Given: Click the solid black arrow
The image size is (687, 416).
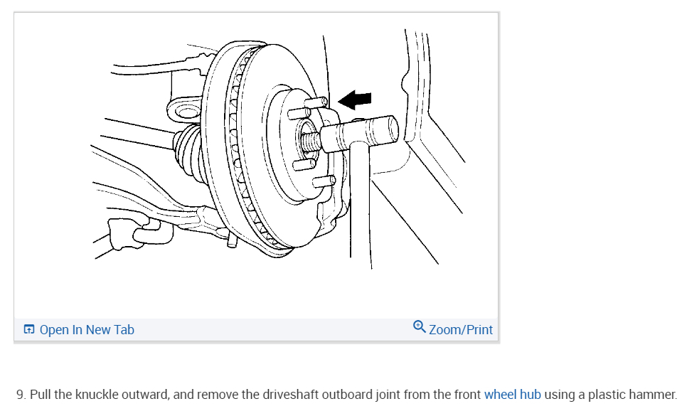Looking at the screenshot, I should (x=356, y=100).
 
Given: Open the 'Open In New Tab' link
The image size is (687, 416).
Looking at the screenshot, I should (x=87, y=329).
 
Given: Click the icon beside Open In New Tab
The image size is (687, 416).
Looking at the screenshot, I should (x=29, y=329).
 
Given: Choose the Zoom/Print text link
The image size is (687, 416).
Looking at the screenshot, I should (x=461, y=329).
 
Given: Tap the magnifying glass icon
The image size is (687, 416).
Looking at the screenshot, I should (x=420, y=327).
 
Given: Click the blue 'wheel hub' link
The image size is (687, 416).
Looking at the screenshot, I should (x=513, y=394).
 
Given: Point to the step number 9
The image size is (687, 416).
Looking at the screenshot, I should (x=21, y=394).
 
